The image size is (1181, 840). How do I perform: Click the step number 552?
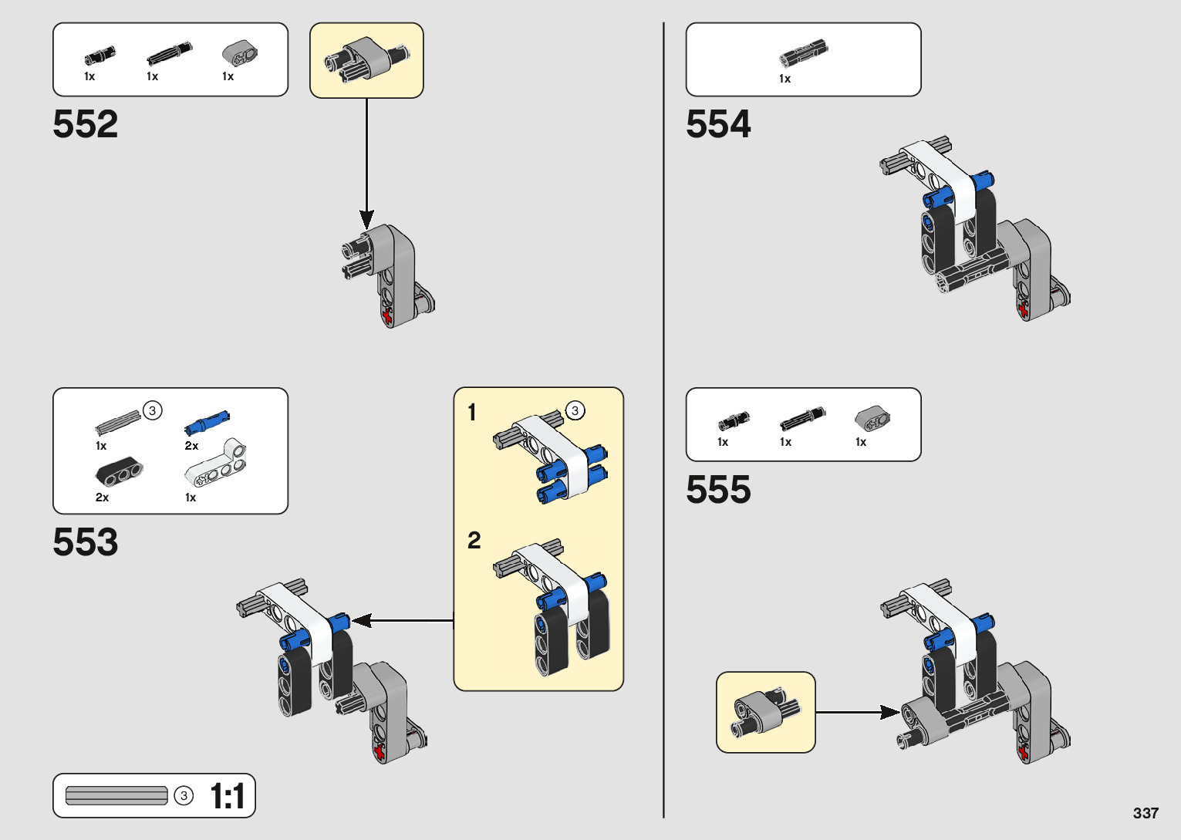[x=86, y=124]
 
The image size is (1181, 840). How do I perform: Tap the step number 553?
[x=86, y=542]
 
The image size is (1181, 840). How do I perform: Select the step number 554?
[x=718, y=124]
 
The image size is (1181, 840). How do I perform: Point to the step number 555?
[x=718, y=490]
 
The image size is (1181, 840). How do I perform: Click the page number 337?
[x=1146, y=813]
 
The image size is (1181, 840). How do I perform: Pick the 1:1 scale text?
[x=228, y=796]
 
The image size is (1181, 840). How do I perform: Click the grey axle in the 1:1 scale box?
[x=116, y=795]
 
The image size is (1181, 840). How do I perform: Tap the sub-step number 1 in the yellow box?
[x=472, y=413]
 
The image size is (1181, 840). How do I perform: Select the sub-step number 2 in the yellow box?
[x=474, y=540]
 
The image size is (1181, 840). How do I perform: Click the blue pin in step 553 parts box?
[x=207, y=421]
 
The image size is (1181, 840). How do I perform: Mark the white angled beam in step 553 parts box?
[x=218, y=464]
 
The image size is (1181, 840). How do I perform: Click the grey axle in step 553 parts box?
[x=118, y=421]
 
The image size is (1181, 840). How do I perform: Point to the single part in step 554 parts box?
[x=803, y=54]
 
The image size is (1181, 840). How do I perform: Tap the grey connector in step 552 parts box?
[x=239, y=53]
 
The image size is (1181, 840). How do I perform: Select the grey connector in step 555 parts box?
[x=872, y=418]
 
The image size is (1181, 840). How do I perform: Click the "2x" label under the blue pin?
[x=191, y=446]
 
